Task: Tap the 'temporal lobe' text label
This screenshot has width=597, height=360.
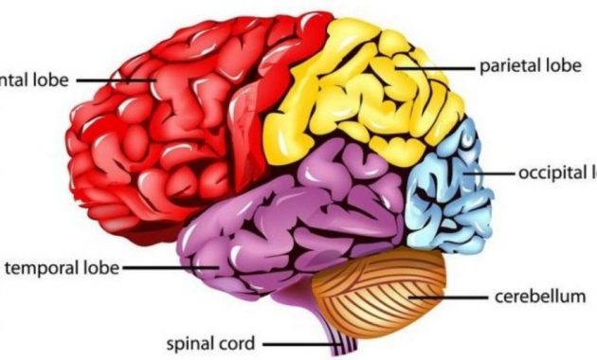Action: point(63,268)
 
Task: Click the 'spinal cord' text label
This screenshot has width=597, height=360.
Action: point(209,343)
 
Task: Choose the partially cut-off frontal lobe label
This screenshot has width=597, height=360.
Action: point(34,81)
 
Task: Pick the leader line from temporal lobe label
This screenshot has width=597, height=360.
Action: point(171,268)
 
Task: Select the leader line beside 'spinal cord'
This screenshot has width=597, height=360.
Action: point(289,343)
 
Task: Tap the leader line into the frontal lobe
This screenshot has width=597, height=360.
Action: point(114,81)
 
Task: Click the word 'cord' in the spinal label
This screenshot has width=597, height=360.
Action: point(236,343)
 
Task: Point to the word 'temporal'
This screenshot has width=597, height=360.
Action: point(46,268)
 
